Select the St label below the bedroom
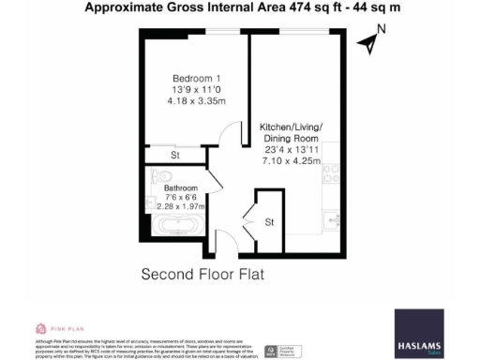[175, 155]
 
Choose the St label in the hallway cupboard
[269, 222]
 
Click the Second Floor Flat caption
[203, 275]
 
